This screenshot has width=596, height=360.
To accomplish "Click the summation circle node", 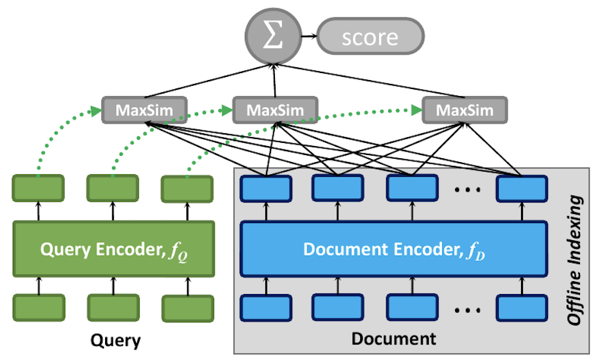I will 274,37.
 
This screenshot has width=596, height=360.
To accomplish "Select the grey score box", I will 370,37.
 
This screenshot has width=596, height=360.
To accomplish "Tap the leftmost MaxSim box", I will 144,110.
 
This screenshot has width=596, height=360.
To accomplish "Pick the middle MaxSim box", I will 274,110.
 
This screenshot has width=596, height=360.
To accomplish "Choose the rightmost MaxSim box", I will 465,110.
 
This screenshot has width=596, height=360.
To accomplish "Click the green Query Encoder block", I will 113,249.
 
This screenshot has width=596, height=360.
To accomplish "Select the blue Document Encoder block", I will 393,249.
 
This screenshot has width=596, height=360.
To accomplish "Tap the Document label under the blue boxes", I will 393,338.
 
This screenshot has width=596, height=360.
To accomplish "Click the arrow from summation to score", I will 308,37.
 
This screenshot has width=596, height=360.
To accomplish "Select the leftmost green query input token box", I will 38,308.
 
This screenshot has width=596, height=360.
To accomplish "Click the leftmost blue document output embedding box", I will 265,188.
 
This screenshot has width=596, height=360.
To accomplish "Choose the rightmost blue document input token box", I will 522,307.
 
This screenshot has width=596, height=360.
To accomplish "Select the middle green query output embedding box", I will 113,188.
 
